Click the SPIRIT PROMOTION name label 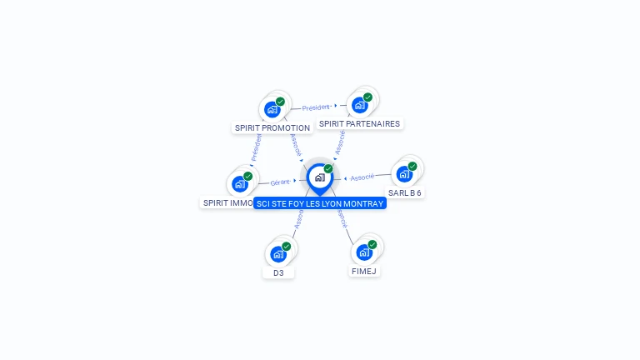coord(272,127)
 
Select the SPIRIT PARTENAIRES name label coord(359,123)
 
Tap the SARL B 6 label coord(405,192)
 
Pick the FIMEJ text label coord(364,271)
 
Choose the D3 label coord(278,272)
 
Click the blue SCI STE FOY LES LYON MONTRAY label coord(320,203)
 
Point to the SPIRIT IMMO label coord(227,202)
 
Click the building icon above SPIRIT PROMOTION coord(272,108)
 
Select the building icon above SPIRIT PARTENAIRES coord(360,104)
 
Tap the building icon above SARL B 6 coord(404,173)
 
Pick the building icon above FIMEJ coord(364,252)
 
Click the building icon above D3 coord(278,253)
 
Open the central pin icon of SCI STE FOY coord(319,177)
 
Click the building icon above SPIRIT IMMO coord(240,183)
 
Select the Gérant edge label coord(280,182)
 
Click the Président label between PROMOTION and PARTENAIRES coord(316,107)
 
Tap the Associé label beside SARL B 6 coord(362,177)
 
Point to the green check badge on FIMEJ coord(372,245)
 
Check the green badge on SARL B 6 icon coord(412,167)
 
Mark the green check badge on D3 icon coord(287,247)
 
